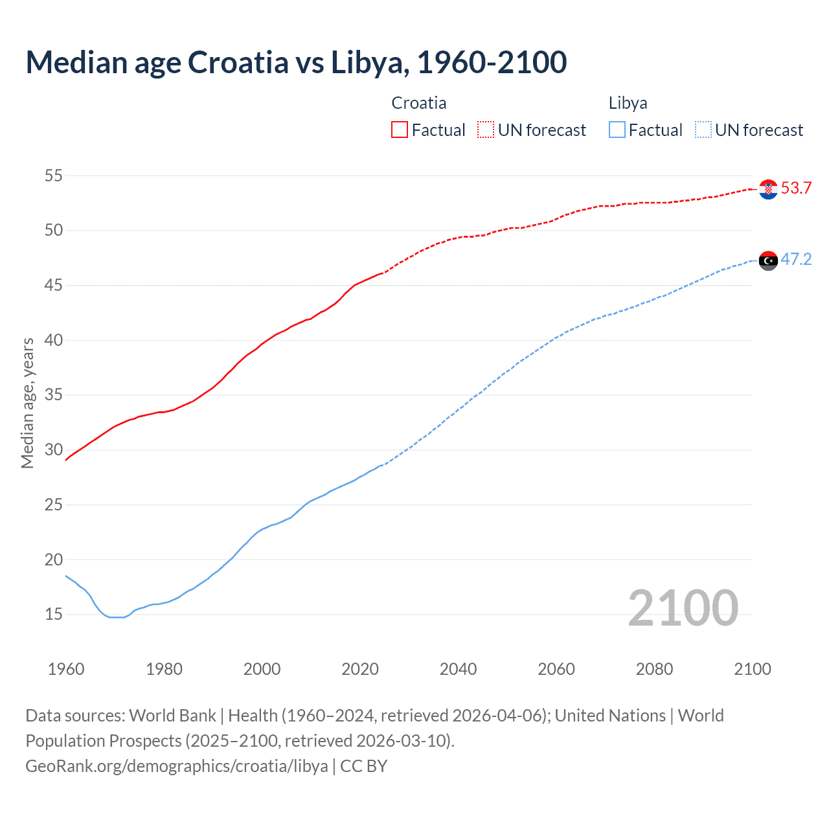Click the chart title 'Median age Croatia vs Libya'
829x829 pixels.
click(x=296, y=62)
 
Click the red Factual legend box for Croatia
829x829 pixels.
click(x=400, y=130)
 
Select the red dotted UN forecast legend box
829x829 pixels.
click(x=486, y=130)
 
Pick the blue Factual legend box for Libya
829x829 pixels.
click(x=617, y=130)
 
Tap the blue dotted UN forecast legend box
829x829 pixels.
click(x=703, y=130)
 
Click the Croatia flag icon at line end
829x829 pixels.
click(x=768, y=189)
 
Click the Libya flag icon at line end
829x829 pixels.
click(x=768, y=260)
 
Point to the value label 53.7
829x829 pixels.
click(x=796, y=188)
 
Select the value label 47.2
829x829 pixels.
click(x=796, y=260)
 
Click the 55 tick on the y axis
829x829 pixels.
click(x=53, y=176)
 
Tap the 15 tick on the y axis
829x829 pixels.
click(x=53, y=614)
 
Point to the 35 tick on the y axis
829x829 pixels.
click(x=53, y=395)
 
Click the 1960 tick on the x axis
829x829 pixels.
click(x=66, y=669)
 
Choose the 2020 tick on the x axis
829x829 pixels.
click(x=360, y=669)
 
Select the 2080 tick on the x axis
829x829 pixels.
click(x=654, y=669)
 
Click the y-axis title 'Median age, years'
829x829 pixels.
click(x=27, y=403)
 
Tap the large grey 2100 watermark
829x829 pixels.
click(x=683, y=608)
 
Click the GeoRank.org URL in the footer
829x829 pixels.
click(x=176, y=766)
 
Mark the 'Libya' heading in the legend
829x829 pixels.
click(x=628, y=103)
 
